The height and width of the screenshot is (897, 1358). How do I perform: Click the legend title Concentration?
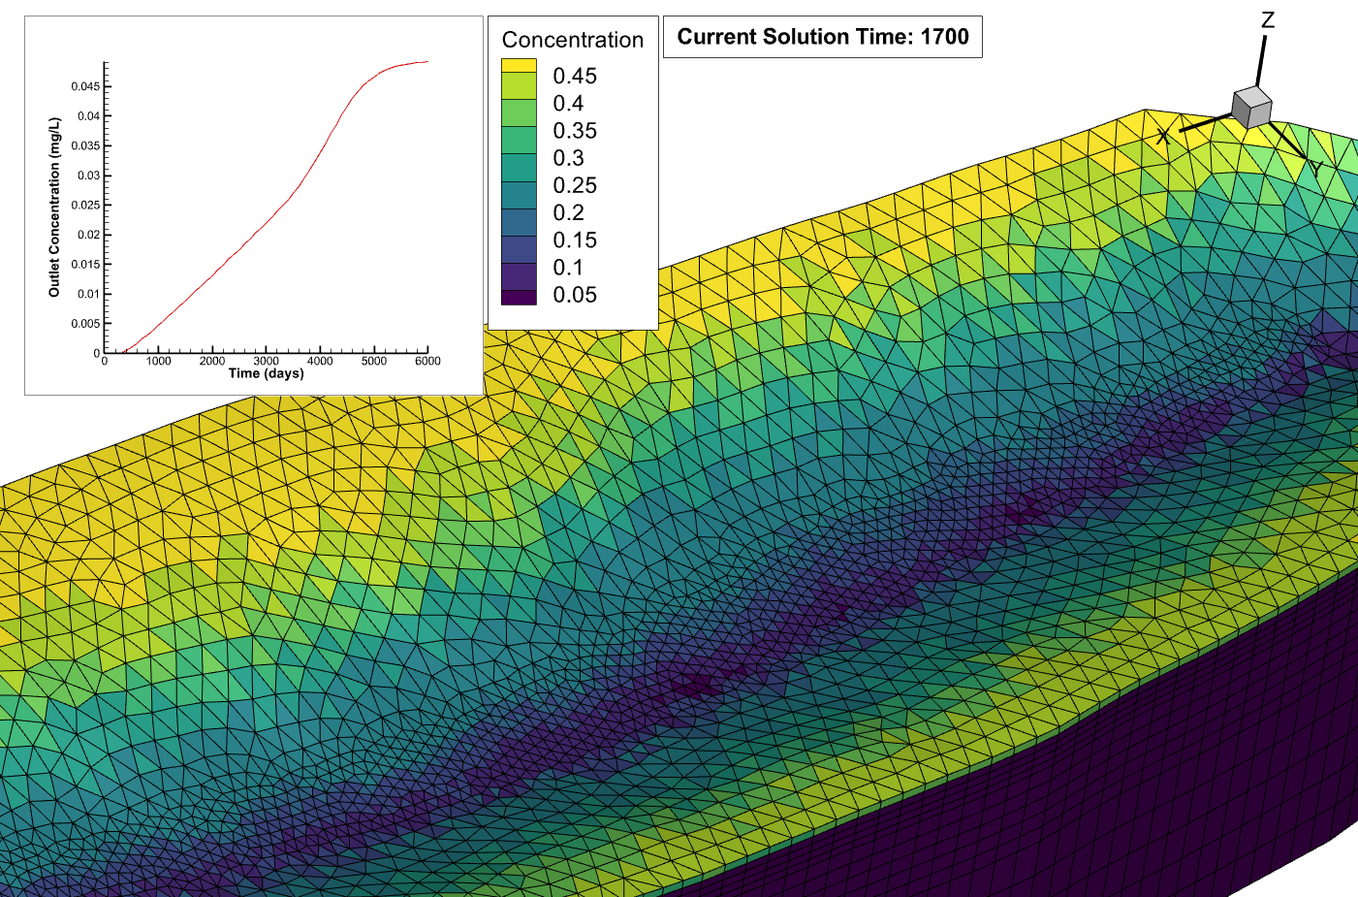[572, 40]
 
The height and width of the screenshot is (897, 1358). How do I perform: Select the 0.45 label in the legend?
[575, 76]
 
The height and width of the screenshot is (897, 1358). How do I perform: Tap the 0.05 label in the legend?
[575, 295]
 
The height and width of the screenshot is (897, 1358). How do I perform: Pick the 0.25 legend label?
[575, 185]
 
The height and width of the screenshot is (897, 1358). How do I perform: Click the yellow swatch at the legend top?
[519, 66]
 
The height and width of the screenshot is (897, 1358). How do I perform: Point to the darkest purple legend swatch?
[519, 297]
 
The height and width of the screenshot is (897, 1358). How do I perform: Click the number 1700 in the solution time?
[944, 37]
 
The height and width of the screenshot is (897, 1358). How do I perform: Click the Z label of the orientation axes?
[1267, 20]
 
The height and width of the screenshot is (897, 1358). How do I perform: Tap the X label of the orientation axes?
[1163, 137]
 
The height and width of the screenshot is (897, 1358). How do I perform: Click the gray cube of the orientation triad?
[1250, 107]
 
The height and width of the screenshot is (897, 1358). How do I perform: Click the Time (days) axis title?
[266, 373]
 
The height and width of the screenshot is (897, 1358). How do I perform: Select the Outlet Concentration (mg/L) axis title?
[54, 207]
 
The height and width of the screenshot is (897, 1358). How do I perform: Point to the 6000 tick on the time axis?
[427, 361]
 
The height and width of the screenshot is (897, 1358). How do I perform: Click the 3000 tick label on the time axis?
[267, 361]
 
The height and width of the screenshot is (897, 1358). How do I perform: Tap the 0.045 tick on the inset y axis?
[85, 86]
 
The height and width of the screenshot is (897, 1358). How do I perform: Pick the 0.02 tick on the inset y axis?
[88, 235]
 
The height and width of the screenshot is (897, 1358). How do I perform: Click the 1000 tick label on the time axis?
[159, 361]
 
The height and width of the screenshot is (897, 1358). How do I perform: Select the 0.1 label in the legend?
[568, 268]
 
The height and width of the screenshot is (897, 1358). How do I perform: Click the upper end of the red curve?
[426, 62]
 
